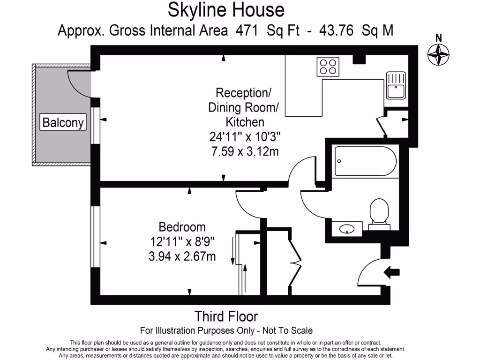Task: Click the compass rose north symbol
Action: [438, 53]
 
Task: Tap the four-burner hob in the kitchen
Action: [328, 66]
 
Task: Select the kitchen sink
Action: [396, 85]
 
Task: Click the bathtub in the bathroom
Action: [366, 161]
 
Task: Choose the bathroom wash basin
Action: [346, 229]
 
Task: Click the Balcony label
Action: [63, 122]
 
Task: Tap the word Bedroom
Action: [182, 227]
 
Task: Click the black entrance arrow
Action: [391, 272]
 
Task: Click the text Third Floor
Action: [226, 316]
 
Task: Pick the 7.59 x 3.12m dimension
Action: [245, 151]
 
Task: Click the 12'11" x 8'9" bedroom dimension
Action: [182, 242]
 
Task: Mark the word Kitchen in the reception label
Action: [245, 122]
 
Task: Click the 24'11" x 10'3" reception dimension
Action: [245, 137]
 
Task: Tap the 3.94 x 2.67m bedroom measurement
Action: [182, 256]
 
